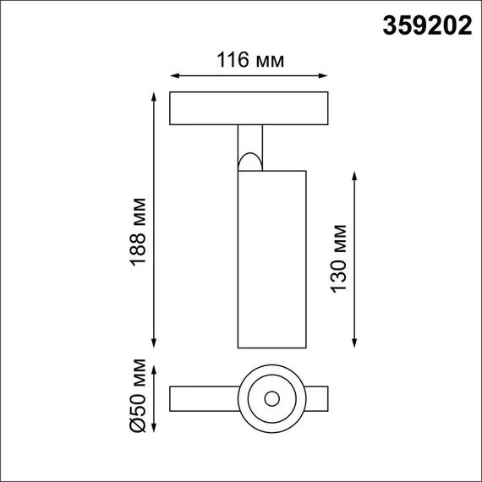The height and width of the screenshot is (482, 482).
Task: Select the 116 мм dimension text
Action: click(x=249, y=60)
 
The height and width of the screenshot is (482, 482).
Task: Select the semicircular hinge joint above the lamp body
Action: click(x=249, y=160)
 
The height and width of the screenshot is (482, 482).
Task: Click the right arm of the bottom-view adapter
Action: click(x=315, y=397)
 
